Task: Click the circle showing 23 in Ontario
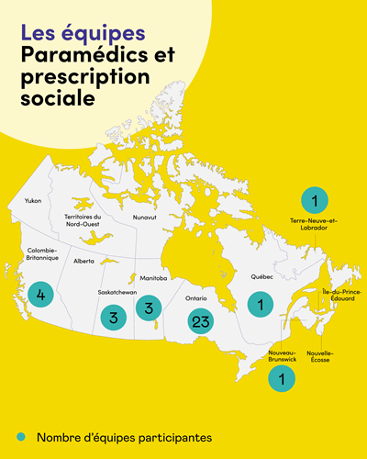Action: pyautogui.click(x=202, y=322)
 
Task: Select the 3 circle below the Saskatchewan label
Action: pyautogui.click(x=114, y=319)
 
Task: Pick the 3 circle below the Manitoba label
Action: pyautogui.click(x=148, y=308)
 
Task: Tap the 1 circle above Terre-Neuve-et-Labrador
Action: pyautogui.click(x=314, y=199)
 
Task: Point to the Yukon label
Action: pyautogui.click(x=33, y=200)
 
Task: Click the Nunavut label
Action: pyautogui.click(x=144, y=218)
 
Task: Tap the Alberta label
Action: pyautogui.click(x=84, y=261)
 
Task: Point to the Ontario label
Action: pyautogui.click(x=195, y=297)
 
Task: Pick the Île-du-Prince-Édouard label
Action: pyautogui.click(x=341, y=295)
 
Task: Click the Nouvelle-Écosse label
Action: pyautogui.click(x=320, y=356)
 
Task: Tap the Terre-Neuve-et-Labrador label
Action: pyautogui.click(x=314, y=225)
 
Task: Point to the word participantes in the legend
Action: pyautogui.click(x=172, y=437)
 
